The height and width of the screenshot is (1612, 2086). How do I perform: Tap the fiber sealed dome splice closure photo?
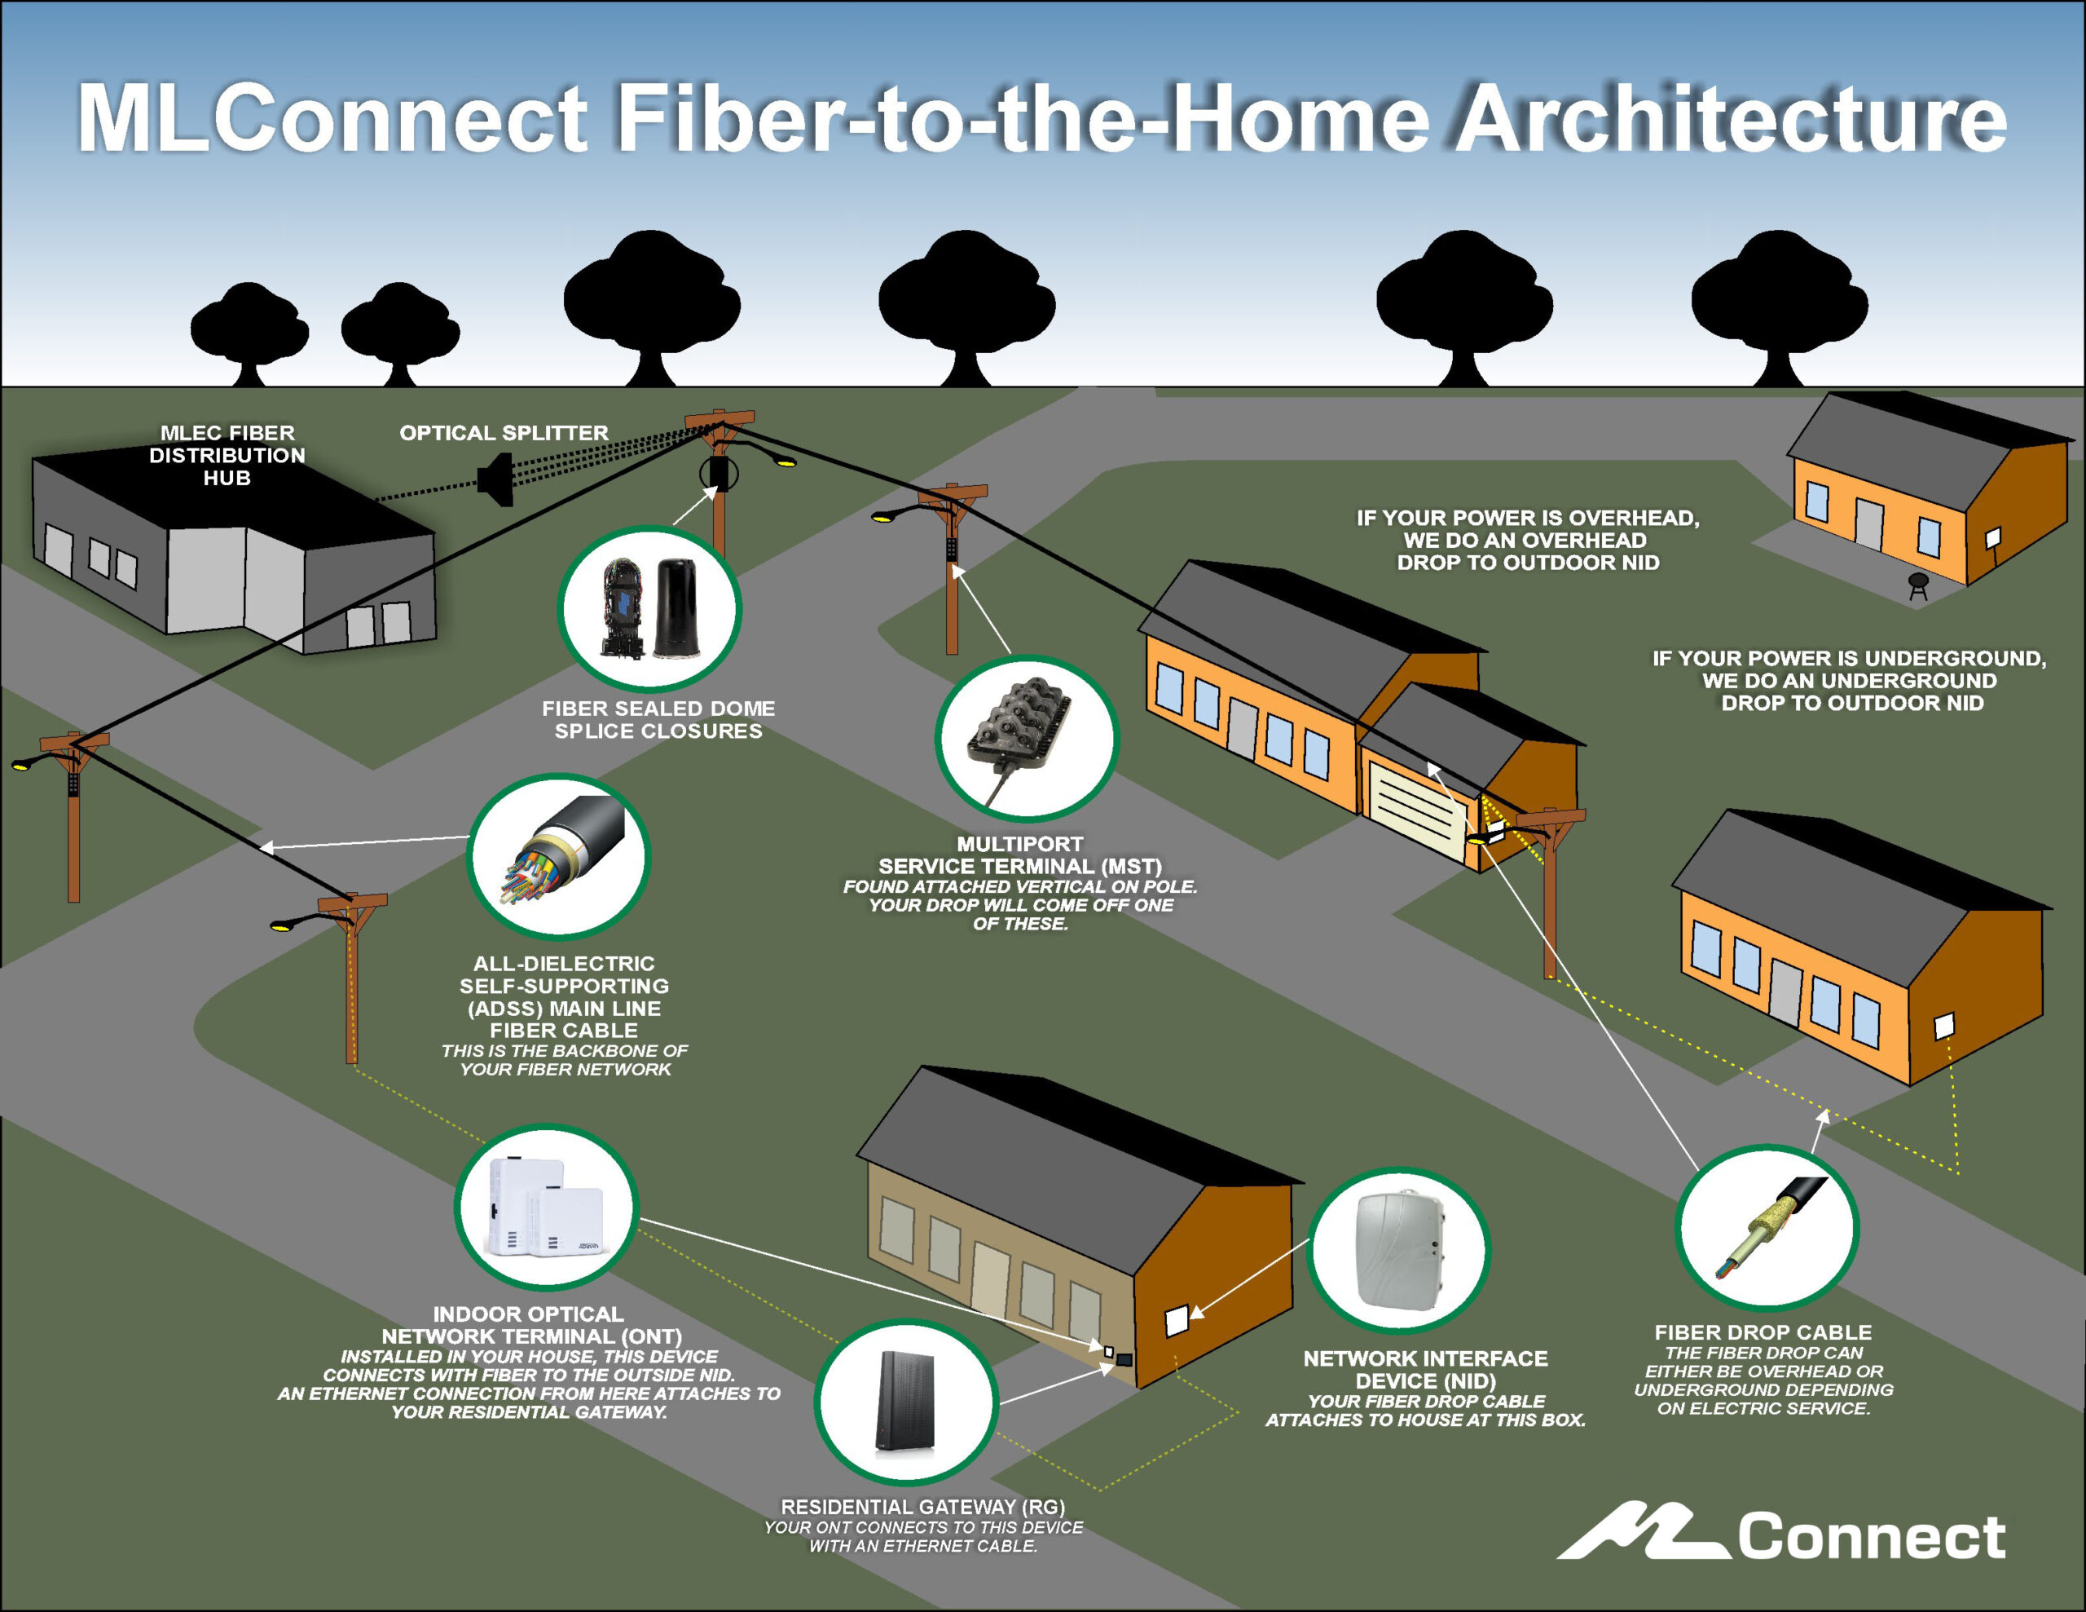tap(649, 609)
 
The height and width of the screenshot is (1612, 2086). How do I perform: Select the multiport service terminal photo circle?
tap(1026, 739)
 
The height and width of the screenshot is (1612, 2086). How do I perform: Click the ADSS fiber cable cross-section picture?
tap(559, 856)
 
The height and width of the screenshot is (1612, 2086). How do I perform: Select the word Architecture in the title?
tap(1729, 119)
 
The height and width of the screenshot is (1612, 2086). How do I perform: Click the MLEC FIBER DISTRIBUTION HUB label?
tap(227, 456)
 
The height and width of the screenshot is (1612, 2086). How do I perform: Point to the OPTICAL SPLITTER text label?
tap(504, 433)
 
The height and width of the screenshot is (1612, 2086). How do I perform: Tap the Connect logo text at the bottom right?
tap(1870, 1538)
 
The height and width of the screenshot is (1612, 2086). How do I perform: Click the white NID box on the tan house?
tap(1177, 1322)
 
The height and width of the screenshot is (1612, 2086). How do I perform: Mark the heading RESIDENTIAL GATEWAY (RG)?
tap(922, 1507)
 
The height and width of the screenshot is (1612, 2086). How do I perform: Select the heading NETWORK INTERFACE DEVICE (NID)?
tap(1425, 1369)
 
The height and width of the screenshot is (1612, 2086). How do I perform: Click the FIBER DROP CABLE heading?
tap(1763, 1332)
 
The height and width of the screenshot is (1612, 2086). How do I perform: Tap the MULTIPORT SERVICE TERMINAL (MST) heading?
tap(1020, 855)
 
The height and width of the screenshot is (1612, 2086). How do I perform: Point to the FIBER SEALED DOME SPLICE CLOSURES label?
tap(658, 719)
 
